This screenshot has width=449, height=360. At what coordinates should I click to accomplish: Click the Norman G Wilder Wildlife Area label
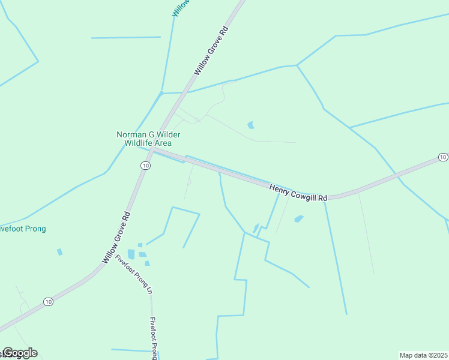click(148, 139)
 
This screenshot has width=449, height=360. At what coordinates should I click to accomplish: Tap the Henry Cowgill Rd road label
click(298, 193)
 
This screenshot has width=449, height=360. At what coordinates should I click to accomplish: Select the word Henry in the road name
click(279, 188)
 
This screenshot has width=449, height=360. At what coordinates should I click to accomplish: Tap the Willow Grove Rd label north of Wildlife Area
click(212, 50)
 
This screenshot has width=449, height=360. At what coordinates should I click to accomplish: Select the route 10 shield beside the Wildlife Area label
click(145, 164)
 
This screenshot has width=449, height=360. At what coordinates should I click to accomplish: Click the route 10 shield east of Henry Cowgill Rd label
click(442, 157)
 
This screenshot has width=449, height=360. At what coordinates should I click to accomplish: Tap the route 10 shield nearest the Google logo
click(49, 301)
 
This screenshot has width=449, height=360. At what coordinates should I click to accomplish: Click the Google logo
click(20, 353)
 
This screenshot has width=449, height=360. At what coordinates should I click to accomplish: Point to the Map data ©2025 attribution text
click(423, 355)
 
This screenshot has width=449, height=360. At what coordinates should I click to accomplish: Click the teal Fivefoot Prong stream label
click(23, 229)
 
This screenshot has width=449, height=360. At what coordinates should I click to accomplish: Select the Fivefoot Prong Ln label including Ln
click(134, 274)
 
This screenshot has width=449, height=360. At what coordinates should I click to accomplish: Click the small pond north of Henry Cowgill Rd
click(251, 125)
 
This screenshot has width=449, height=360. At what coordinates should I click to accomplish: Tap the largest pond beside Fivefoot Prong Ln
click(131, 254)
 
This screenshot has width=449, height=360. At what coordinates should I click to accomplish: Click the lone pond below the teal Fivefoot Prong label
click(59, 252)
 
